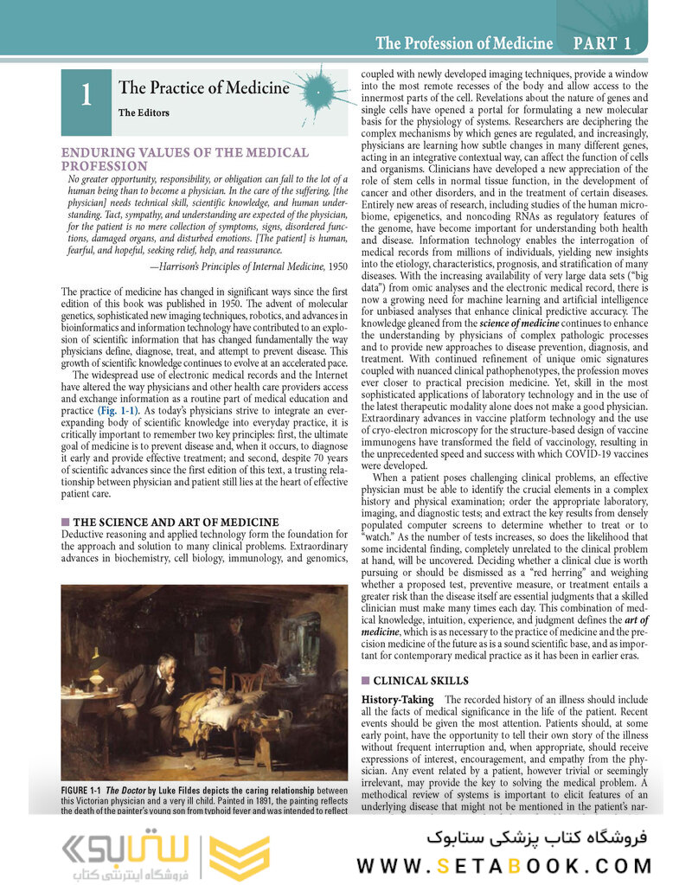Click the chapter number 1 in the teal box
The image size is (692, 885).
(x=86, y=96)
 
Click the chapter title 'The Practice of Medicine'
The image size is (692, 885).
(x=203, y=87)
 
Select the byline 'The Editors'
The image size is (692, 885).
(x=144, y=112)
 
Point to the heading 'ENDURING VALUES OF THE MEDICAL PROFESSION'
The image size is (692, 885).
(x=184, y=158)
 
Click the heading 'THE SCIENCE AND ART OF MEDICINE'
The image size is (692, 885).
(x=175, y=523)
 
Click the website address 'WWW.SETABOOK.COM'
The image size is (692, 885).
(x=504, y=865)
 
